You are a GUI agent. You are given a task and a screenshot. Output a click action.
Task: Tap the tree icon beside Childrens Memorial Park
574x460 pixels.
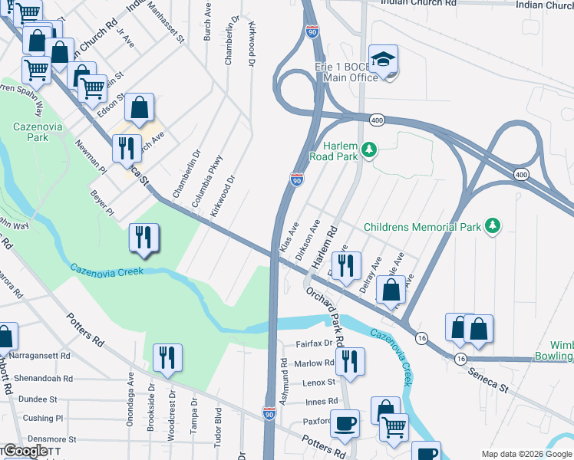[493, 225]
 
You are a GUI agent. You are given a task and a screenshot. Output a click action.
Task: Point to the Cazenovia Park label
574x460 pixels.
[31, 131]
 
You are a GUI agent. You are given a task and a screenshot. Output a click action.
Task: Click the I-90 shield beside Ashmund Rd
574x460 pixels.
[269, 412]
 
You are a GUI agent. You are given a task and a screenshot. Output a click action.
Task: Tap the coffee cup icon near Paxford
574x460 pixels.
[345, 423]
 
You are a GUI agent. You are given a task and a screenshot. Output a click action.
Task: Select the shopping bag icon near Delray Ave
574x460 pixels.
[391, 291]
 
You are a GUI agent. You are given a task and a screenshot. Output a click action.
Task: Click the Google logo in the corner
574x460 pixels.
[25, 451]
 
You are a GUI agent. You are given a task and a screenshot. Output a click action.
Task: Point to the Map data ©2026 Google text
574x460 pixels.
[526, 454]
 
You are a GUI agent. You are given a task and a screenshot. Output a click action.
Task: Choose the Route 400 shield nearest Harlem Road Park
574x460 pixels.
[376, 120]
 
